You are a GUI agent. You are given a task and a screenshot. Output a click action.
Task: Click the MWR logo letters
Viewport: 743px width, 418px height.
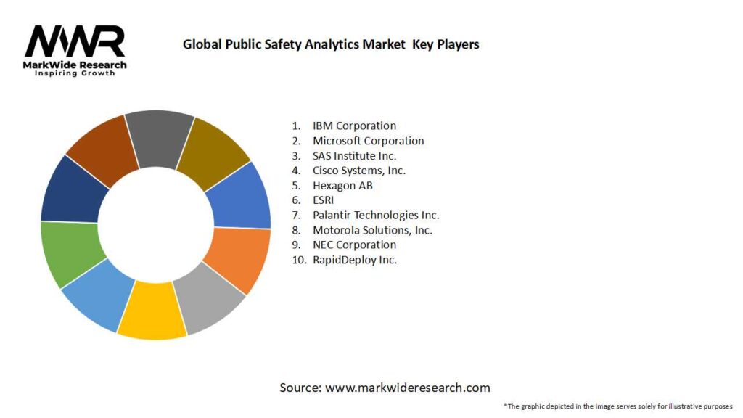click(75, 41)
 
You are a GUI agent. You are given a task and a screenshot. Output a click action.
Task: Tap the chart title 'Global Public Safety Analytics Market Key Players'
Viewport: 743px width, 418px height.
click(331, 44)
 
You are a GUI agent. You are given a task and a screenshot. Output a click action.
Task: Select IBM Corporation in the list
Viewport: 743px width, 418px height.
click(354, 126)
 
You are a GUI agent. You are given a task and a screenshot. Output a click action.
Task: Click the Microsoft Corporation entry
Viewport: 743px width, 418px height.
click(368, 141)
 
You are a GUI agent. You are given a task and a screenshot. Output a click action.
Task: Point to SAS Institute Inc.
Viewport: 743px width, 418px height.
click(354, 156)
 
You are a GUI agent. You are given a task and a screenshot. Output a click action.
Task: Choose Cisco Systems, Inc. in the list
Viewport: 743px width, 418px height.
click(359, 171)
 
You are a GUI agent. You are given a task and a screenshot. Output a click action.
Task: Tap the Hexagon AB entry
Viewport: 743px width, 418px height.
click(342, 186)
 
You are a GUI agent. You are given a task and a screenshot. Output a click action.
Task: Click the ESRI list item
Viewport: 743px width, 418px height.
click(324, 200)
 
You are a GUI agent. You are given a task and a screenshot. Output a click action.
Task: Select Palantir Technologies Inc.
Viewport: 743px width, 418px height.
click(376, 215)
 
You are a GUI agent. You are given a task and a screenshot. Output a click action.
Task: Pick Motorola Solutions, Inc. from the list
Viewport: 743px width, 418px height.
click(372, 230)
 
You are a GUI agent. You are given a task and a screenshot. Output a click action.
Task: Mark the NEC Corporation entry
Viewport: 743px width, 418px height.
click(354, 245)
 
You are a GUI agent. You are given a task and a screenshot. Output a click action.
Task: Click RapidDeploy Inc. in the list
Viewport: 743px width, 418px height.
click(355, 260)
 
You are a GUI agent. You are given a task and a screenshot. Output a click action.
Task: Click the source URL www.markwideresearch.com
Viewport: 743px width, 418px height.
click(408, 388)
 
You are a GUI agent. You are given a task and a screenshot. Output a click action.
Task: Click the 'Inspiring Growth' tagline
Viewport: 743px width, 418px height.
click(75, 74)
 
